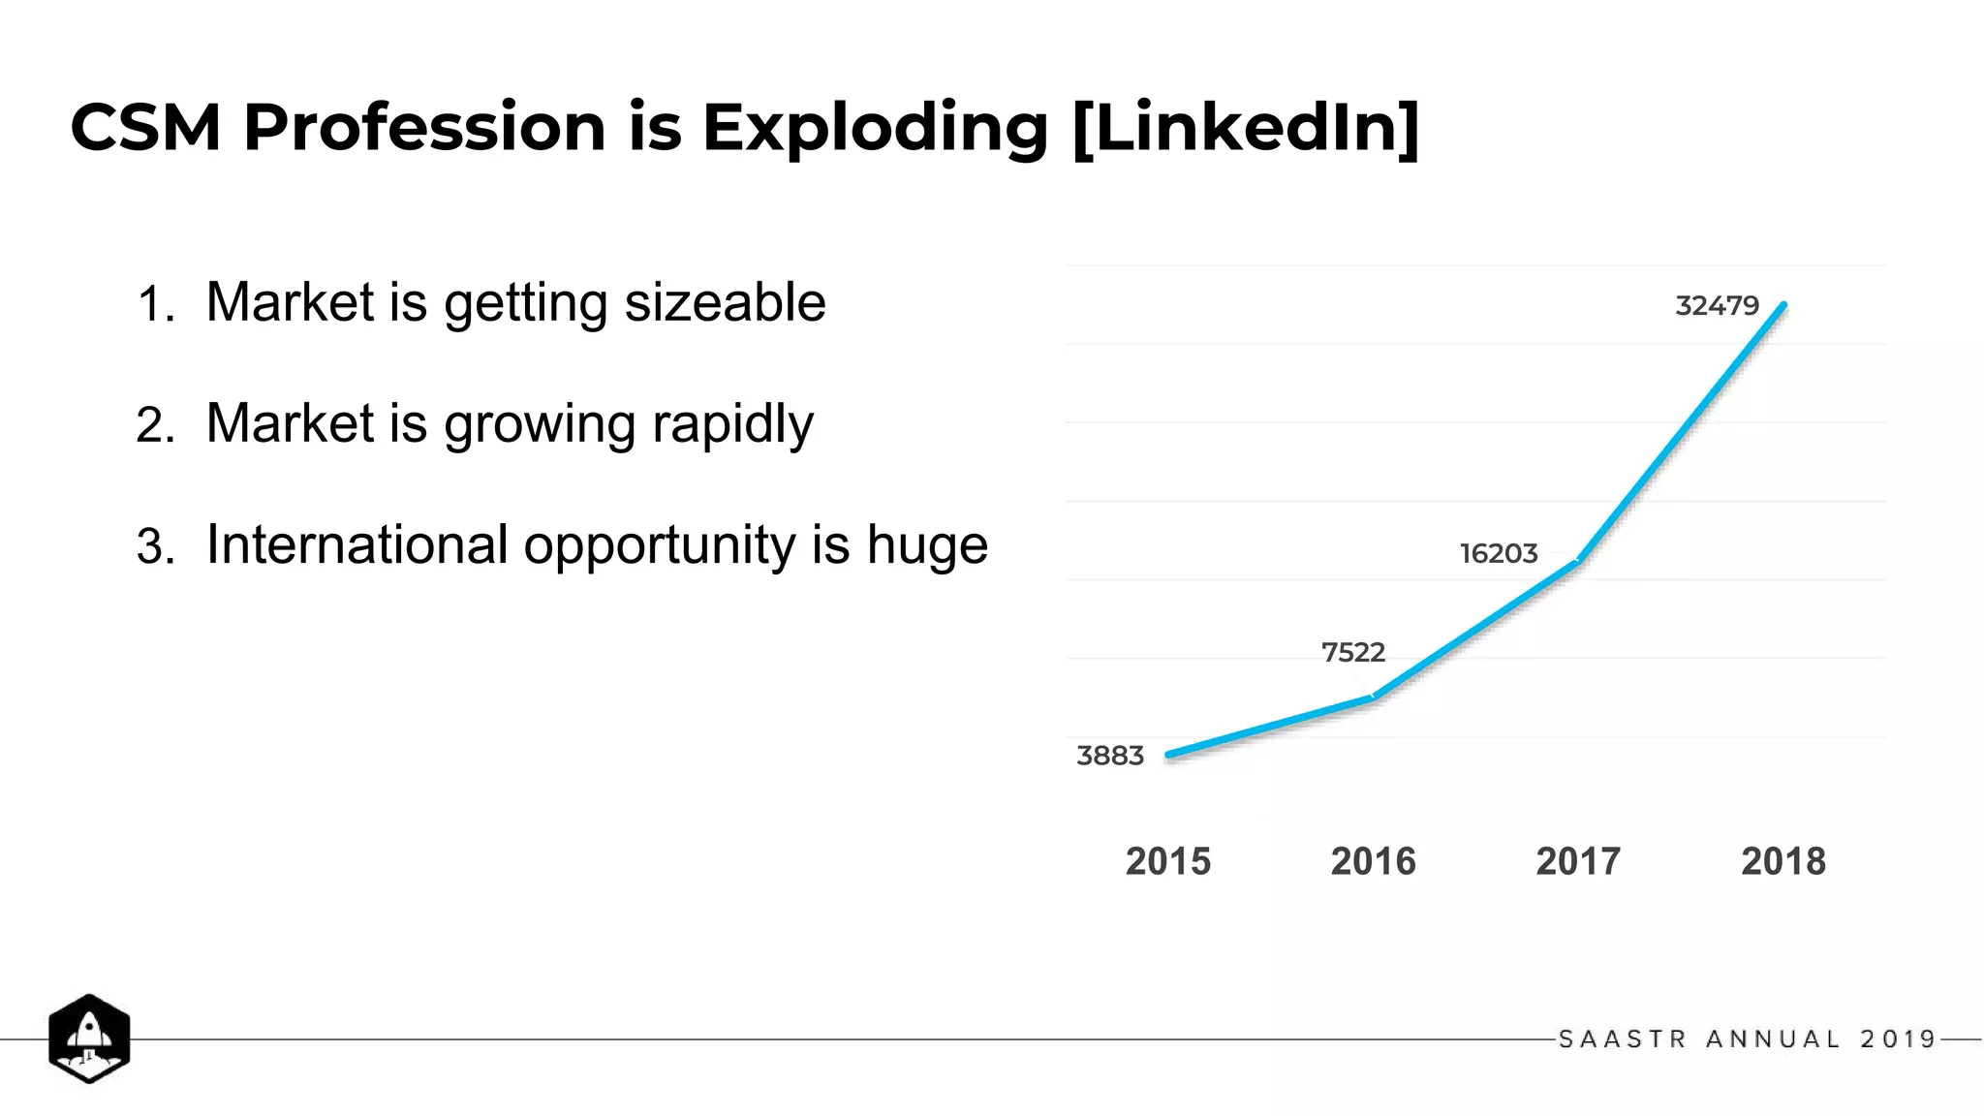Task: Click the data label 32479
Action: pos(1717,306)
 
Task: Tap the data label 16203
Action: pos(1499,554)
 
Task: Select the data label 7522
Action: pos(1352,653)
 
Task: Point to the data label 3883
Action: pos(1110,756)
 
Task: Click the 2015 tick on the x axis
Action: pos(1168,861)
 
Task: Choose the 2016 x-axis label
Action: pos(1373,861)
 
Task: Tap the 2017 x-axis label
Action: pos(1578,861)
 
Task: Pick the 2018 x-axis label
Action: pos(1782,861)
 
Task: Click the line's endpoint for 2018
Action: pos(1783,306)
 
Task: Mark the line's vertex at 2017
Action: pos(1578,560)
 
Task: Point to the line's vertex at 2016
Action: pos(1374,697)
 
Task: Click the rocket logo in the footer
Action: pos(89,1038)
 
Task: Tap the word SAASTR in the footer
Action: pos(1623,1039)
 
